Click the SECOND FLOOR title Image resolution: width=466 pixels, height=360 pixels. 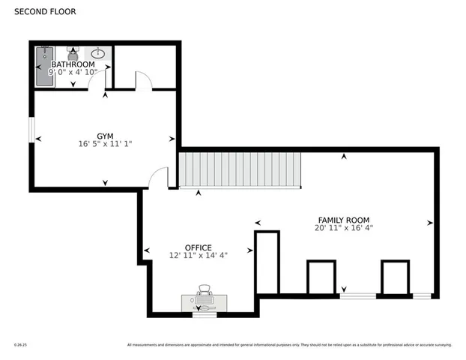(x=44, y=12)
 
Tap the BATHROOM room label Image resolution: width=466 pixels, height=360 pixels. (x=73, y=64)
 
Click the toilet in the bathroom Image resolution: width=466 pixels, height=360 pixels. (x=73, y=53)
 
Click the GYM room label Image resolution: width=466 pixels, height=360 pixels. (x=105, y=136)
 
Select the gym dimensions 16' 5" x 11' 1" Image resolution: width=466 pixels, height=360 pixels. (x=105, y=144)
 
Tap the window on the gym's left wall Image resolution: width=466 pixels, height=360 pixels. (x=31, y=129)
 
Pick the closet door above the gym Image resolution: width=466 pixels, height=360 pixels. (x=143, y=81)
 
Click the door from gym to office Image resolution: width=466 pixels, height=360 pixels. (x=159, y=178)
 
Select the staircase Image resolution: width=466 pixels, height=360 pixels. (x=239, y=170)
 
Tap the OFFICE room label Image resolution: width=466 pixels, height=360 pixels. (x=198, y=247)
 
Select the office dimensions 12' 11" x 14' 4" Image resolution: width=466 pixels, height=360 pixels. (x=198, y=256)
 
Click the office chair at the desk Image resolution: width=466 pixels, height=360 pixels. (x=204, y=291)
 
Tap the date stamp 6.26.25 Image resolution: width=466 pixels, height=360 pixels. (x=20, y=345)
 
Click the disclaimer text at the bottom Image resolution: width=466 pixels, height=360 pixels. (x=289, y=345)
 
